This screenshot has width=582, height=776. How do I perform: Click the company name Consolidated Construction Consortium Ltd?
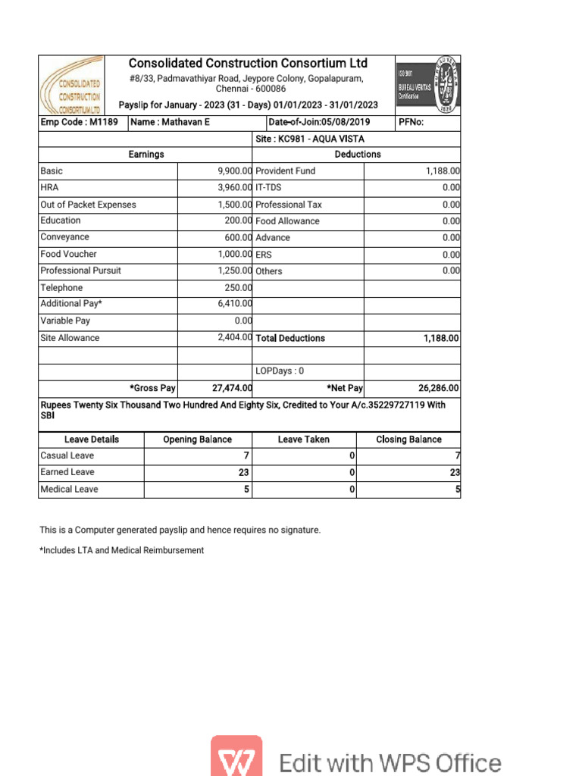pyautogui.click(x=248, y=63)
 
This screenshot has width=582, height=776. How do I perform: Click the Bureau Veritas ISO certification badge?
pyautogui.click(x=427, y=85)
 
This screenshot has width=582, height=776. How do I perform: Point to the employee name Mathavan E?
pyautogui.click(x=171, y=122)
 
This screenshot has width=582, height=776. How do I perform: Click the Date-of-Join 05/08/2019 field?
pyautogui.click(x=319, y=122)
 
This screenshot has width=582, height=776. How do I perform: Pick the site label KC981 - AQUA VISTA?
pyautogui.click(x=310, y=139)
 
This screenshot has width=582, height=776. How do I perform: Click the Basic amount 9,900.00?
pyautogui.click(x=234, y=171)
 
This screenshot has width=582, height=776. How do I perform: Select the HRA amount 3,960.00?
pyautogui.click(x=234, y=187)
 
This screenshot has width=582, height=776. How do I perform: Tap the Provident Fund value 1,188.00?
pyautogui.click(x=443, y=171)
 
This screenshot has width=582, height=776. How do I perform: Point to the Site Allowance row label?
pyautogui.click(x=70, y=338)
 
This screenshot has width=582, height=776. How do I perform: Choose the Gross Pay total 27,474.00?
pyautogui.click(x=232, y=388)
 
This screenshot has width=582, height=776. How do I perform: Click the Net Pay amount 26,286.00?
pyautogui.click(x=438, y=388)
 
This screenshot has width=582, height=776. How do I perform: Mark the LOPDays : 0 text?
pyautogui.click(x=280, y=371)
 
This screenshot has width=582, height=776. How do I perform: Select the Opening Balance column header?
pyautogui.click(x=198, y=440)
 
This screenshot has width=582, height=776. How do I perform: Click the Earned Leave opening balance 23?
pyautogui.click(x=244, y=472)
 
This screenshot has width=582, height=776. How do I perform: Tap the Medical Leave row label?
pyautogui.click(x=69, y=490)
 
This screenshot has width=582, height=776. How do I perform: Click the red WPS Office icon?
pyautogui.click(x=236, y=757)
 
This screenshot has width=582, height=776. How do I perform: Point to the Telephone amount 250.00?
pyautogui.click(x=237, y=288)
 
